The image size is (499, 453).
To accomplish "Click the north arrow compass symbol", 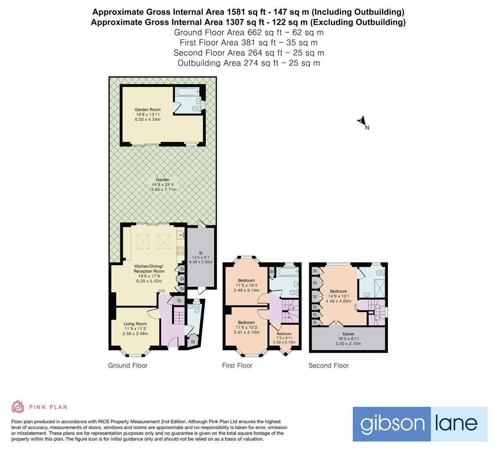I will pos(362,121).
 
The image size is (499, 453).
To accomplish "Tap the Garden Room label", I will pos(147,110).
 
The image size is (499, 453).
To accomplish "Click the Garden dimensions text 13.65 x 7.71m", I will pos(163,190).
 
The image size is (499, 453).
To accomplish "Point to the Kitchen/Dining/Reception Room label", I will pos(149,269).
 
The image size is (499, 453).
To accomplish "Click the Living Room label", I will pos(135,324).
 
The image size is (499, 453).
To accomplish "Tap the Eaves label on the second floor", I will pos(348,334).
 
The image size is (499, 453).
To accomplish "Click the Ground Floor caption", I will pos(128,365).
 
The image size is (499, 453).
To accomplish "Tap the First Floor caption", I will pos(237,365).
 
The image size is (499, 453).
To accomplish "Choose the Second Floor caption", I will pos(328,365).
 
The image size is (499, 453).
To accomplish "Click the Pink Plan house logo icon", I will pos(18,406).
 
